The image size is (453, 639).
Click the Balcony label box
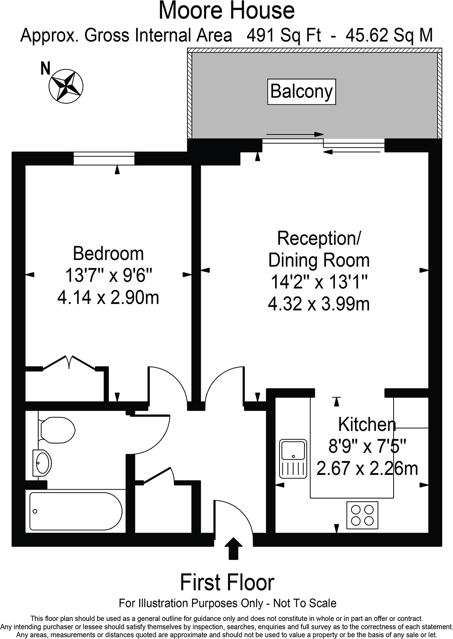point(302,92)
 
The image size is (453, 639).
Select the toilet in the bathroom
point(58,430)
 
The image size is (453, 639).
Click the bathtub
point(75,511)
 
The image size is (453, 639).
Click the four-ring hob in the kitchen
point(363,515)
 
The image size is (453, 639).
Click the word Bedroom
point(108,254)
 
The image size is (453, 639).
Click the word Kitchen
point(367,424)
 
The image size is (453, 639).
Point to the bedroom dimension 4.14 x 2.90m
point(108,298)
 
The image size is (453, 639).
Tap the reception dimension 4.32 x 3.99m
point(319,304)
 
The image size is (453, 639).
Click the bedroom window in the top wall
point(104,158)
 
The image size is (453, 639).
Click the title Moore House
point(226,11)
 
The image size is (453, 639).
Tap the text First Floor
point(227,582)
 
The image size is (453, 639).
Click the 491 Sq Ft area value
point(284,36)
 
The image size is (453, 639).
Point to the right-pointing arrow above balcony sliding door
point(295,134)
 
